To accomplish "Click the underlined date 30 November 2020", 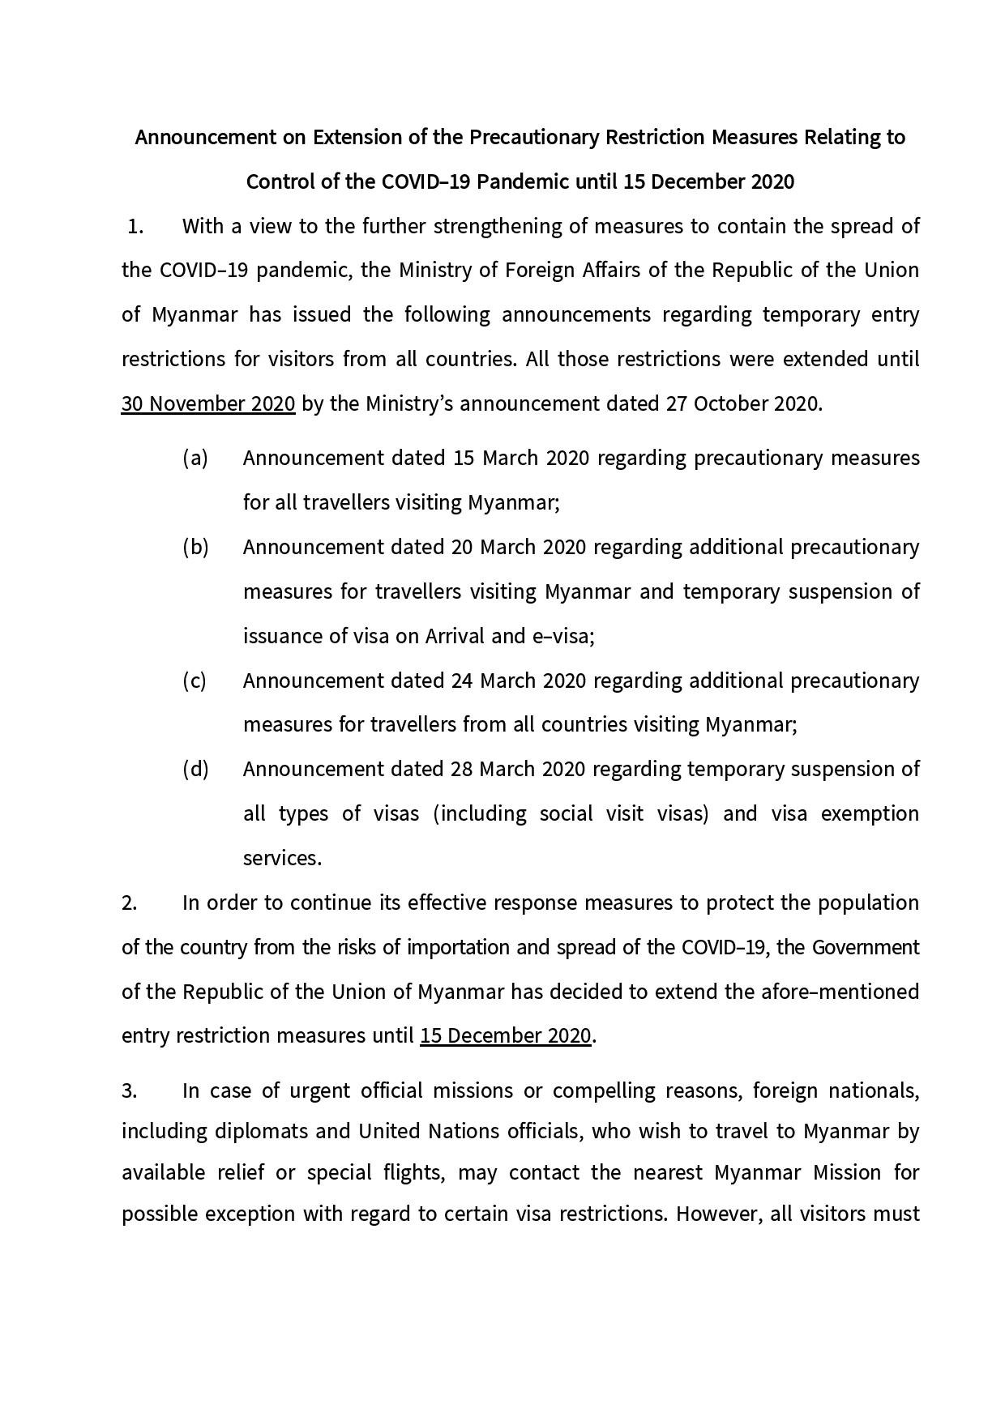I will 208,403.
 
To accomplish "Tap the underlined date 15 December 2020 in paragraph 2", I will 505,1036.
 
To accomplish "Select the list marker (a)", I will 195,459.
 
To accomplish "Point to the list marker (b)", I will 195,548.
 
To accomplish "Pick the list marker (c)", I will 195,681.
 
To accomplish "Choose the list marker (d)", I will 195,769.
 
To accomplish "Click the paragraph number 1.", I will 135,226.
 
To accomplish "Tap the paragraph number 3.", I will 130,1091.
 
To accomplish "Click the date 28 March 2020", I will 518,769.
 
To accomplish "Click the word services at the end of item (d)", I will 282,858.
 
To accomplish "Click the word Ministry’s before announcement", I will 409,403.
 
